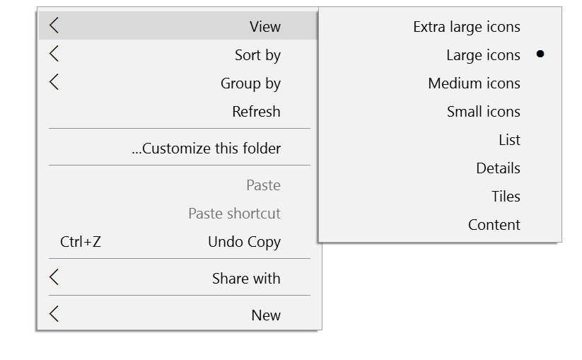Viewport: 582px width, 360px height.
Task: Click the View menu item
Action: [265, 26]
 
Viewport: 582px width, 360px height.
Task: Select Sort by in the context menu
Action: [257, 55]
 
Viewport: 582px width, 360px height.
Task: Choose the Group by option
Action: [250, 83]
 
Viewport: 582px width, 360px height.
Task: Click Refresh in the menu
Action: [256, 111]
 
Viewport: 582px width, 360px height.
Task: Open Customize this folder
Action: [206, 149]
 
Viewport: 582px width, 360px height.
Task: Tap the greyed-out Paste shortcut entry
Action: [234, 214]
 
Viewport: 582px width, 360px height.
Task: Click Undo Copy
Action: [244, 242]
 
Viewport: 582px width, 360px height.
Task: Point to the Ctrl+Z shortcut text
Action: [81, 242]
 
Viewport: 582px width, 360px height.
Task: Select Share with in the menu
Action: [246, 279]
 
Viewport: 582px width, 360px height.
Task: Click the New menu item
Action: [266, 315]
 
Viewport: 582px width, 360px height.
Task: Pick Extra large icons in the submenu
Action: [467, 27]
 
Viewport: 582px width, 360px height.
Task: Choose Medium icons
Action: [474, 83]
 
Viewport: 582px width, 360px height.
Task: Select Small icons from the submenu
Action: [483, 111]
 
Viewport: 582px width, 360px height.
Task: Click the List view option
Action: [509, 140]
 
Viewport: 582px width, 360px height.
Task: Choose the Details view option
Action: [498, 168]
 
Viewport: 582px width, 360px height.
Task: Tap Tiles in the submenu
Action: [506, 197]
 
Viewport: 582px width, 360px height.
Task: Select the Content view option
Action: [494, 224]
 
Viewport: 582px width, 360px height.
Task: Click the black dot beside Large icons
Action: [540, 54]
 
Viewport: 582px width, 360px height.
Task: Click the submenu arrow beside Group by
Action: [54, 82]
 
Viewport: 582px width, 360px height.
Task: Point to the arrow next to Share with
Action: [54, 277]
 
